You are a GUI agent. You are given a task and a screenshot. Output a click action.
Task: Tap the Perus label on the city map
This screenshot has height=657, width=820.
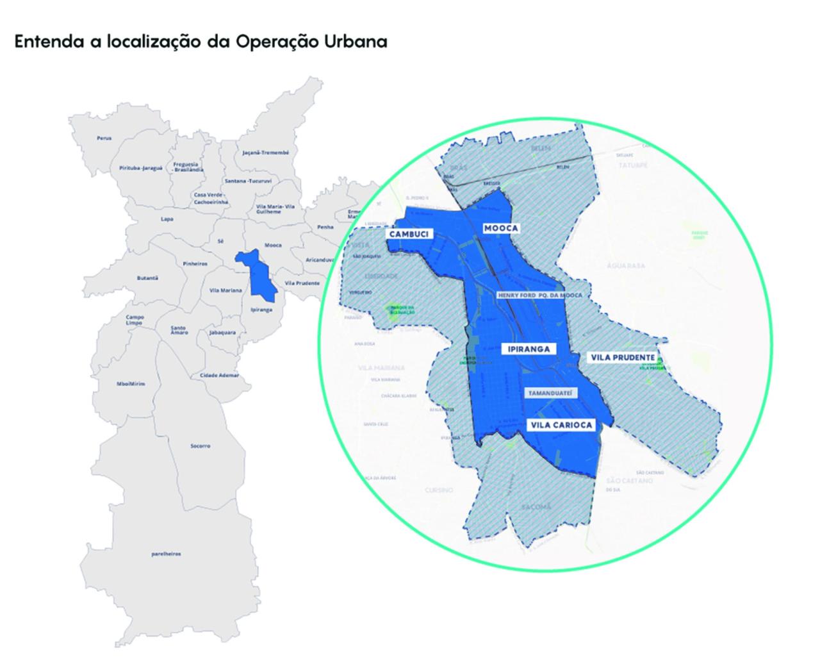point(104,138)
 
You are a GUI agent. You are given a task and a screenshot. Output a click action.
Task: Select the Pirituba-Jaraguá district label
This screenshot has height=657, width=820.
point(141,168)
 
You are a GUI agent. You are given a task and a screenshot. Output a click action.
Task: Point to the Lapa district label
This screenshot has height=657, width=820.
point(167,219)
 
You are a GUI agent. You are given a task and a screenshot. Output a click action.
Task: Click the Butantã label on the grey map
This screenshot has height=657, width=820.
point(147,278)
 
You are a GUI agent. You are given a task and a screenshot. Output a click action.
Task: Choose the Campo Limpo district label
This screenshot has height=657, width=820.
point(135,320)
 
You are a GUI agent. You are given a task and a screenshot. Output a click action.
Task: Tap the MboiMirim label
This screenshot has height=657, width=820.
point(131,383)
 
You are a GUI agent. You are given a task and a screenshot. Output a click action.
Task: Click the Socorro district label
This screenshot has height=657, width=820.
point(200,445)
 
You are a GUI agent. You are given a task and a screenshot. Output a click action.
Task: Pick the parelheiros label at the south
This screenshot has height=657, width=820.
point(166,554)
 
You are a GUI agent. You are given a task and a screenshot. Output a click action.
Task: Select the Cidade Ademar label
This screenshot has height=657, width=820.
point(219,375)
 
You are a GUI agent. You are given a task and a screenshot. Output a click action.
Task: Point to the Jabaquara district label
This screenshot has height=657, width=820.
point(222,333)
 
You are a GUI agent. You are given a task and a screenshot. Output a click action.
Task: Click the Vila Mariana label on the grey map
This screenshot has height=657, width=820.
point(225,290)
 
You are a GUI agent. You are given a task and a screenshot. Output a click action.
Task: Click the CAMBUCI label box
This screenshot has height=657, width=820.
point(408,234)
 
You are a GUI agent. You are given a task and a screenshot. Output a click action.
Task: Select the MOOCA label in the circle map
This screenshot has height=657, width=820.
point(501,228)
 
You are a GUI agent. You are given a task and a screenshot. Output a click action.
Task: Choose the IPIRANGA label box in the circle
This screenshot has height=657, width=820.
point(528,349)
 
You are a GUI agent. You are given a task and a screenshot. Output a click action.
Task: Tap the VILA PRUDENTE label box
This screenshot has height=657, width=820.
point(623,357)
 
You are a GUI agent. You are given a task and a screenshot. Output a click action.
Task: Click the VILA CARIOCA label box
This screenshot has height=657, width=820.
point(561,425)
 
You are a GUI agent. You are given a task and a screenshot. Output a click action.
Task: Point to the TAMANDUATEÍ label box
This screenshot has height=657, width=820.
point(550,393)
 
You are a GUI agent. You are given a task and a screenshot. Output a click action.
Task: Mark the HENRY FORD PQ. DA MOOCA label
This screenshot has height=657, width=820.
point(539,295)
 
